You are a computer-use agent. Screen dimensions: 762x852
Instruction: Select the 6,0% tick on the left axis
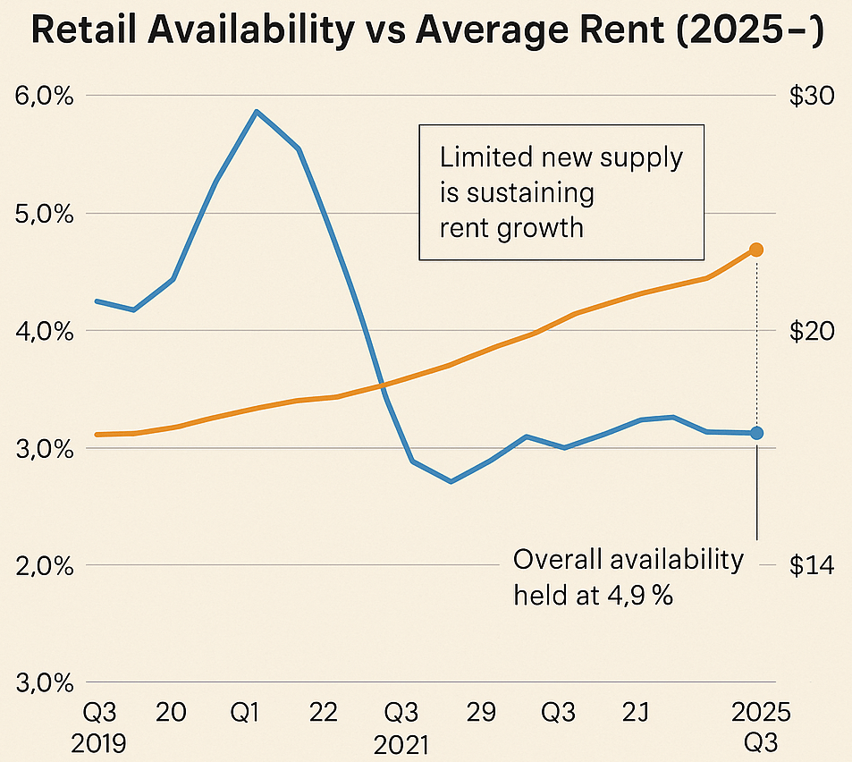click(x=44, y=96)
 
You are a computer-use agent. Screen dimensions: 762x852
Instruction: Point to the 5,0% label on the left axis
click(x=44, y=214)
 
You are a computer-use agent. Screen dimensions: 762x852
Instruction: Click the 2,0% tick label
click(x=44, y=566)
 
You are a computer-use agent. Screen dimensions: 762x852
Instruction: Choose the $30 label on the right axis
click(x=811, y=96)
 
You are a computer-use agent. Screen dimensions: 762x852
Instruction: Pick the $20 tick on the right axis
click(x=811, y=331)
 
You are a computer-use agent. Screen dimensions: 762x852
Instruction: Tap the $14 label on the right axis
click(x=811, y=566)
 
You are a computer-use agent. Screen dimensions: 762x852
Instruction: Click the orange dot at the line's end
click(x=756, y=250)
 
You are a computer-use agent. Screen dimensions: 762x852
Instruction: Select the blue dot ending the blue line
click(x=756, y=433)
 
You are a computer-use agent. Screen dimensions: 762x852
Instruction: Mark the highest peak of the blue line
click(x=257, y=112)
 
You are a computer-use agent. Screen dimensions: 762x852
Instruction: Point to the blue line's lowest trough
click(x=451, y=482)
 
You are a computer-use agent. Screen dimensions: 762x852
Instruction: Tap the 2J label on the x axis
click(x=635, y=713)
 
